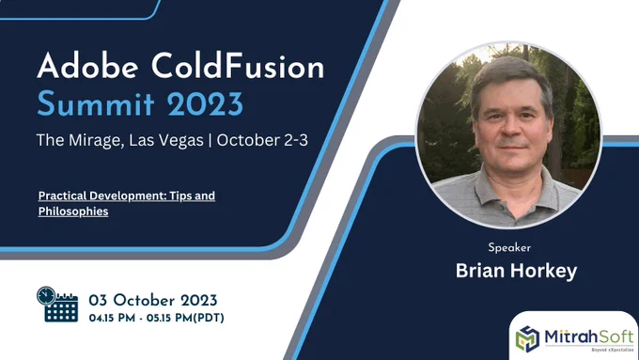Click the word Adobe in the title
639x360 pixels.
[x=87, y=66]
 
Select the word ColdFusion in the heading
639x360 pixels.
[x=238, y=66]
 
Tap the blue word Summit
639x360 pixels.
[x=96, y=103]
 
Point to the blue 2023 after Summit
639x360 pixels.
[x=205, y=103]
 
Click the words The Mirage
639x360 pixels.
[x=80, y=141]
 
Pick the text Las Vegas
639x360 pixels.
[x=166, y=141]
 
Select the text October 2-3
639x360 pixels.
[x=262, y=140]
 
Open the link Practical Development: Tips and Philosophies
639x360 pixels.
[x=126, y=203]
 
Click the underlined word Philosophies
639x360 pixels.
[x=73, y=211]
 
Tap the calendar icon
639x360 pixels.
[x=57, y=305]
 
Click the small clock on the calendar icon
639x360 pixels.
[x=46, y=295]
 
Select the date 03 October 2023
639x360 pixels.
[x=153, y=301]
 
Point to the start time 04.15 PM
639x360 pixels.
[x=112, y=318]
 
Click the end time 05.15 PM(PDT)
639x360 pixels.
[x=185, y=318]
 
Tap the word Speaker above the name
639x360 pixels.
[x=509, y=247]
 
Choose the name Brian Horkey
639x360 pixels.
[x=516, y=271]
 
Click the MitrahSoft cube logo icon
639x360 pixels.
[x=528, y=338]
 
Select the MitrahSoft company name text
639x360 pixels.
[x=589, y=337]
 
